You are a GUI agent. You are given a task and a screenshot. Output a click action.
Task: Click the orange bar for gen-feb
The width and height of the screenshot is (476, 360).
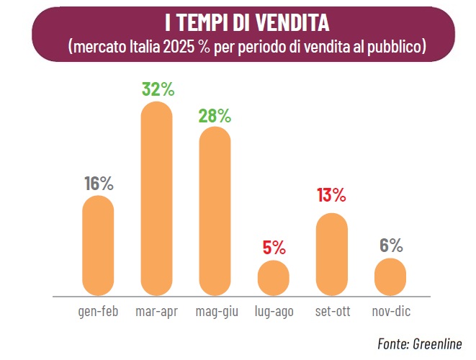click(x=98, y=246)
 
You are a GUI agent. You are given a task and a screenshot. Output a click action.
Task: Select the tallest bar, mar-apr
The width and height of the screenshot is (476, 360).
click(x=157, y=199)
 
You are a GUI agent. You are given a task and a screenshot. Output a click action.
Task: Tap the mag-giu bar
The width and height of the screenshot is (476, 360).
click(x=215, y=211)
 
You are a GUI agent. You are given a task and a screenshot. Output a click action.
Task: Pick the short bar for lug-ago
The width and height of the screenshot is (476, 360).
click(x=274, y=278)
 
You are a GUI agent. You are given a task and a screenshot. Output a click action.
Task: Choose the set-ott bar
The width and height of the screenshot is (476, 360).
click(x=332, y=254)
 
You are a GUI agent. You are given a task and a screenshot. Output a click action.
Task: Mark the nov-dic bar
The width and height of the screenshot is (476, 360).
click(x=390, y=276)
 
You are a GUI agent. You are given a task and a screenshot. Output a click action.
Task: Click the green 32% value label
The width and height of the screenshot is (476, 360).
click(x=158, y=89)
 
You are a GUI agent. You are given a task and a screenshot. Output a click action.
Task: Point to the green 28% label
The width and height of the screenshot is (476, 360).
click(x=215, y=116)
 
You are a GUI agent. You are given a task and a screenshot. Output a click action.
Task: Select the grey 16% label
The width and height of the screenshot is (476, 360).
click(x=99, y=184)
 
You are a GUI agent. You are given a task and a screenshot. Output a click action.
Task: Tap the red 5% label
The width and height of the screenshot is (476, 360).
click(x=274, y=248)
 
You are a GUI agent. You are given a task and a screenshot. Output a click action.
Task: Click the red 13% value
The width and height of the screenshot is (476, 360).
click(x=331, y=195)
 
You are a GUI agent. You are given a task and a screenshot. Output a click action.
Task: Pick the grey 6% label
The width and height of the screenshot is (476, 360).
click(x=391, y=246)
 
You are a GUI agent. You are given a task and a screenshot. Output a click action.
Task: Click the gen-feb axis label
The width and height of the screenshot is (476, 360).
click(x=98, y=312)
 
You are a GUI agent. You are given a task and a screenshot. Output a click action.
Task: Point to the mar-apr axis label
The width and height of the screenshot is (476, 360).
click(x=157, y=312)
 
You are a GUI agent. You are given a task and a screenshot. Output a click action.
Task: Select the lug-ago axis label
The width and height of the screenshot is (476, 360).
click(x=274, y=312)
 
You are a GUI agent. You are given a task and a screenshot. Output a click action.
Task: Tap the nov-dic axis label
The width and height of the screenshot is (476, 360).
click(x=391, y=311)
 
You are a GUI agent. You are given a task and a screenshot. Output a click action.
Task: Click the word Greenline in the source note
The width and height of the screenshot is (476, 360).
click(x=437, y=344)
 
